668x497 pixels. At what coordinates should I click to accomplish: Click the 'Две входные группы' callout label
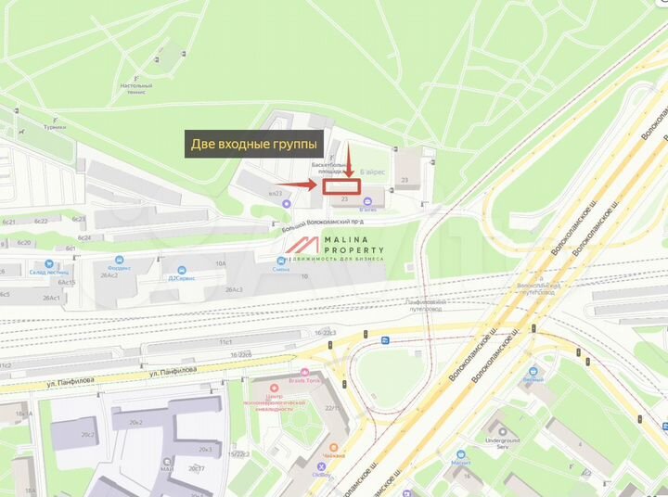[253, 144]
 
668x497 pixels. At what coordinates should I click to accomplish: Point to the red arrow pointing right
[305, 185]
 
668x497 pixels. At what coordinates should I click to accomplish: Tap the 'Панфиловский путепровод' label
[426, 305]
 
